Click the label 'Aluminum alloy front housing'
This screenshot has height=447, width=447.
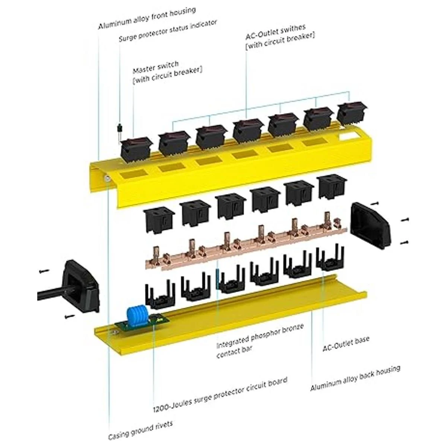coord(147,18)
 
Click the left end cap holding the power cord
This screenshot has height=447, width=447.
coord(80,285)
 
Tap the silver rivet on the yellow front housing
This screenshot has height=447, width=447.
coord(107,178)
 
